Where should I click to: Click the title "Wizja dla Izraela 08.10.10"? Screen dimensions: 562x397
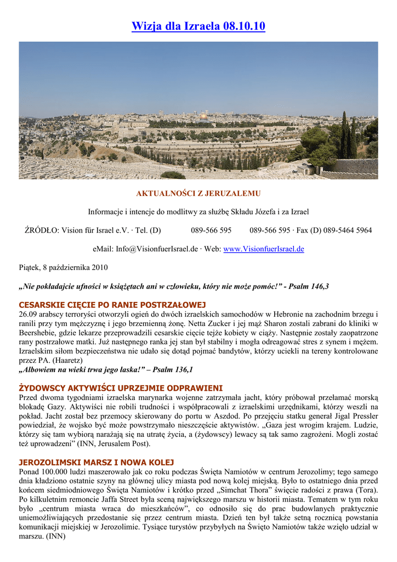pos(198,26)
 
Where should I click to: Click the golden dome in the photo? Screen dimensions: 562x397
pos(203,116)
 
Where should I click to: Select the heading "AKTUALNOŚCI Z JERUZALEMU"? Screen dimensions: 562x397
pos(198,194)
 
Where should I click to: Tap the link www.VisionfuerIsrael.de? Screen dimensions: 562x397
pos(264,249)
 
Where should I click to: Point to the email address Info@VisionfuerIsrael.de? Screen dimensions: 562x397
pos(156,249)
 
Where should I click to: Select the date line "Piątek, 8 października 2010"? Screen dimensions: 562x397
pos(63,267)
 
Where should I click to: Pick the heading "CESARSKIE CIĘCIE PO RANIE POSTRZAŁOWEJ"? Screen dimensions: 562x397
pos(112,305)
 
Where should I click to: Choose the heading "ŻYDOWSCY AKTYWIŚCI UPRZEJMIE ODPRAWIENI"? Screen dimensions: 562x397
pos(121,388)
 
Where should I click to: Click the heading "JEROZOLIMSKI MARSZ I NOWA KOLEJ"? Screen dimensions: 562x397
pos(96,463)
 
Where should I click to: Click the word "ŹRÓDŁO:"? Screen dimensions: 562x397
pos(42,230)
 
